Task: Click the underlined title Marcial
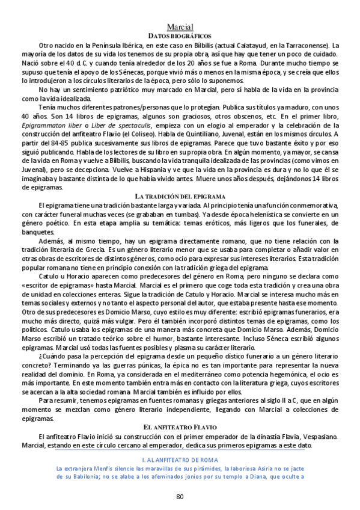180,26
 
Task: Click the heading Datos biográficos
180,36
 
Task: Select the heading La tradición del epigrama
180,196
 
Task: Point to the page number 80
180,496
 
